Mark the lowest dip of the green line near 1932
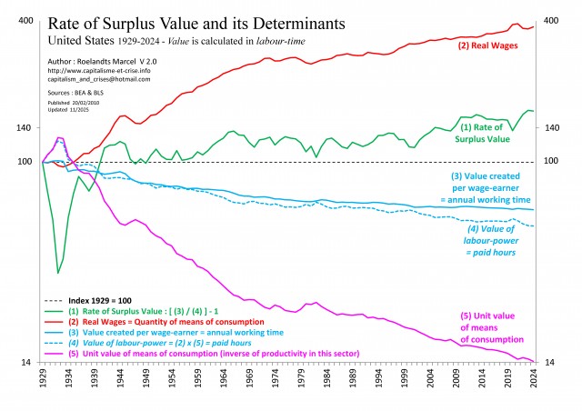click(x=58, y=273)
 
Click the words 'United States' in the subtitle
click(x=81, y=42)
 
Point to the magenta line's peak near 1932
click(x=59, y=138)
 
